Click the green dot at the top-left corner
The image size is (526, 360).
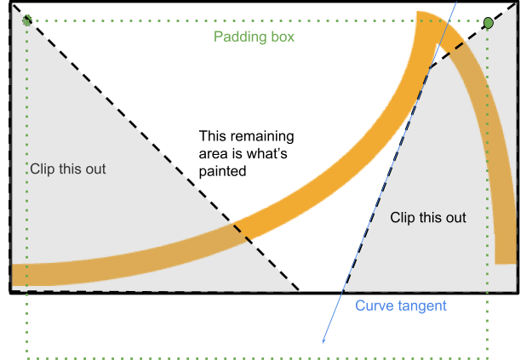click(x=27, y=20)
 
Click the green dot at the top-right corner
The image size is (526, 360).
click(x=489, y=23)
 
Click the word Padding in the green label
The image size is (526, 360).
click(x=239, y=37)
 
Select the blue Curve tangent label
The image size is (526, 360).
click(x=401, y=305)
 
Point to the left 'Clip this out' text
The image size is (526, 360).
click(x=68, y=169)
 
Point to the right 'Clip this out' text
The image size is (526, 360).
click(x=428, y=217)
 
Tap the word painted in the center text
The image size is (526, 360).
click(x=222, y=171)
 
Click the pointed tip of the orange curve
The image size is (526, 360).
click(x=420, y=14)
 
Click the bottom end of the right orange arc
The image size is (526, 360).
click(x=506, y=260)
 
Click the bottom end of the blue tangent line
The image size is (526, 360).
click(x=323, y=342)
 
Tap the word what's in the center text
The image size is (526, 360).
click(x=273, y=153)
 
